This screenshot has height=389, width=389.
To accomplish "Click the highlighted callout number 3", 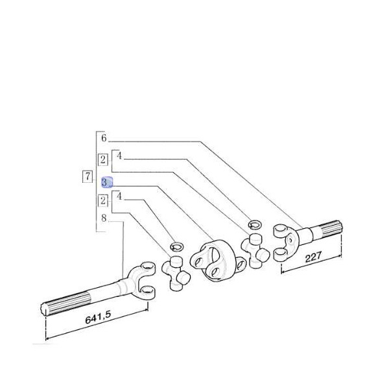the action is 107,182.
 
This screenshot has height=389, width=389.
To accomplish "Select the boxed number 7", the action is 88,176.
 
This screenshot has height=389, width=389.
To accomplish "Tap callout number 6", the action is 104,138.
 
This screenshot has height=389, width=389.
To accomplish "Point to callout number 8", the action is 104,218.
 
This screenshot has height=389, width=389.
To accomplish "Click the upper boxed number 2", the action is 102,159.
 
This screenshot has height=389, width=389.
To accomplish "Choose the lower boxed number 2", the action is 102,200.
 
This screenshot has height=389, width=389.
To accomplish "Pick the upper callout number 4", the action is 119,156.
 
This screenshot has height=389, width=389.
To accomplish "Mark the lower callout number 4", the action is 119,196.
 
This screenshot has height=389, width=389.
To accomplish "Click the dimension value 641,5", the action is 98,318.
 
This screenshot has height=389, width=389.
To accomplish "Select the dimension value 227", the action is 313,257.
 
